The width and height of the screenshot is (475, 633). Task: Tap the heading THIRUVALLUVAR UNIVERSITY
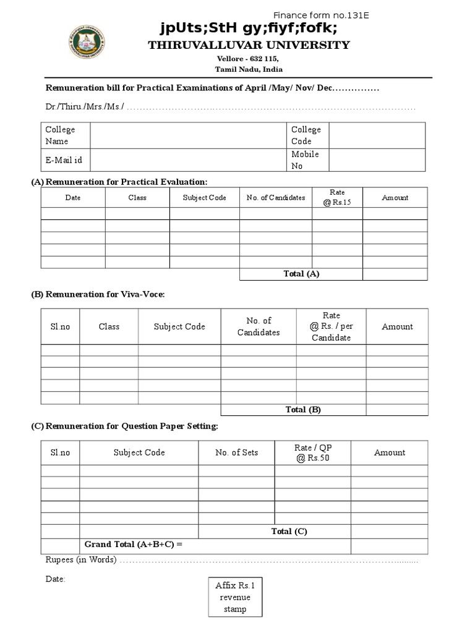pyautogui.click(x=249, y=45)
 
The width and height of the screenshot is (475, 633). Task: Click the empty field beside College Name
pyautogui.click(x=189, y=135)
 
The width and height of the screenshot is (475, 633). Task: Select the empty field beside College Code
pyautogui.click(x=377, y=135)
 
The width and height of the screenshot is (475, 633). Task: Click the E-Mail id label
pyautogui.click(x=64, y=160)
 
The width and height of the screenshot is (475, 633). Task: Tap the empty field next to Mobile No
pyautogui.click(x=377, y=160)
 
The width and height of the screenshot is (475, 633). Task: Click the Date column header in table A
pyautogui.click(x=73, y=198)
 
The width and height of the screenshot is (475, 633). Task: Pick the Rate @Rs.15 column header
pyautogui.click(x=337, y=197)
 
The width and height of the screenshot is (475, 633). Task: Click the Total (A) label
pyautogui.click(x=301, y=274)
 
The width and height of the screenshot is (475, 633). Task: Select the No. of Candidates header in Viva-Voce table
pyautogui.click(x=259, y=326)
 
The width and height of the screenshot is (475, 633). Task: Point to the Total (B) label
pyautogui.click(x=303, y=409)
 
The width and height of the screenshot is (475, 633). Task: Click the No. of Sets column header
pyautogui.click(x=237, y=452)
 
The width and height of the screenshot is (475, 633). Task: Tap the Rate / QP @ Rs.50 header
pyautogui.click(x=313, y=452)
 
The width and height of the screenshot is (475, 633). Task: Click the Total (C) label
pyautogui.click(x=289, y=531)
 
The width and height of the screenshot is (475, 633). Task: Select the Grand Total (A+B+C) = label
pyautogui.click(x=134, y=545)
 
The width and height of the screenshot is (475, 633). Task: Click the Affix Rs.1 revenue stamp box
pyautogui.click(x=234, y=597)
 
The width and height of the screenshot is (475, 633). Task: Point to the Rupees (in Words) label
pyautogui.click(x=80, y=560)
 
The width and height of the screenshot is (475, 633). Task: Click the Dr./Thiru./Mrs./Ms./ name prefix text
pyautogui.click(x=85, y=106)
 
